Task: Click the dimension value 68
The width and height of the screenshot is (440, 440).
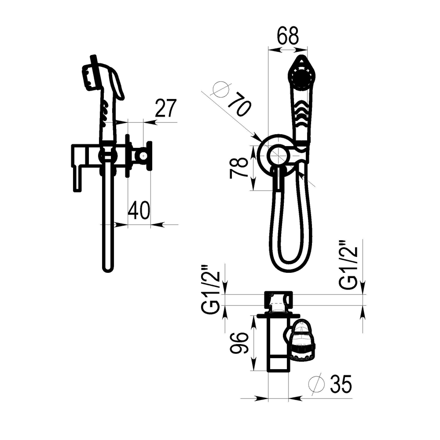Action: (288, 36)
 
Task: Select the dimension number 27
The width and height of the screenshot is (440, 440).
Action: (165, 108)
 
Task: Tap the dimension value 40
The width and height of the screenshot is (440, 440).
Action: (139, 210)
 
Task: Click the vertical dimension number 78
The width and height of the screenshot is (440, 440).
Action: (238, 168)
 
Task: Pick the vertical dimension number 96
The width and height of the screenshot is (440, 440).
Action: (239, 343)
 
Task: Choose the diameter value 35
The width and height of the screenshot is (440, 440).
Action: (341, 384)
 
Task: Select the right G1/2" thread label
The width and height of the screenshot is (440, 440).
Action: (348, 265)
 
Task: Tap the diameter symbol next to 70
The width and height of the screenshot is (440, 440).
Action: (221, 89)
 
